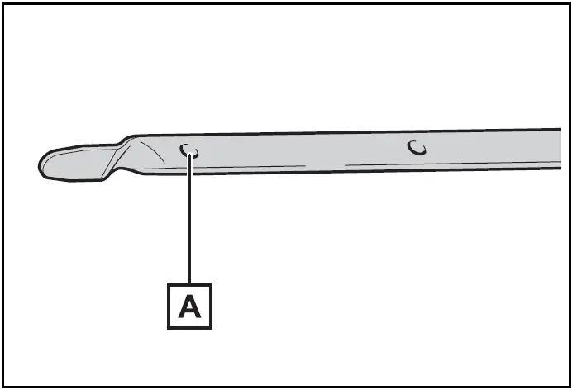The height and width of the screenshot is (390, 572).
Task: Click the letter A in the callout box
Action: tap(189, 307)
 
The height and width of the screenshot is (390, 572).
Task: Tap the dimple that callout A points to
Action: tap(189, 151)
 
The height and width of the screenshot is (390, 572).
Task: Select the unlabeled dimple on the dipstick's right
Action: tap(417, 148)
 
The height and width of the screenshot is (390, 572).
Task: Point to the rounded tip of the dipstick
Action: tap(40, 167)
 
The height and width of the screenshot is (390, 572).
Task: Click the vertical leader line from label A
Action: tap(189, 219)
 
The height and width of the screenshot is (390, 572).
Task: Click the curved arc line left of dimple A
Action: tap(153, 151)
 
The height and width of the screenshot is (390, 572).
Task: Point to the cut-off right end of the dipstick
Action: tap(560, 149)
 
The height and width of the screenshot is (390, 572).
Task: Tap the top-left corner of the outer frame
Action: tap(3, 3)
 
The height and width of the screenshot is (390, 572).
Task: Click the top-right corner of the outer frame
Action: tap(569, 3)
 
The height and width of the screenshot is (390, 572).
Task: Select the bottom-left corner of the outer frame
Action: tap(3, 387)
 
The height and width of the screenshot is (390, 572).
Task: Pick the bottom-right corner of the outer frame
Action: tap(569, 387)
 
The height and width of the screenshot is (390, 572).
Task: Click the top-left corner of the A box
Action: tap(168, 284)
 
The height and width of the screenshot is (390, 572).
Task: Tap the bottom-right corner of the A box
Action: tap(212, 329)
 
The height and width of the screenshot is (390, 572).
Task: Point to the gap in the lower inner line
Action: tap(325, 165)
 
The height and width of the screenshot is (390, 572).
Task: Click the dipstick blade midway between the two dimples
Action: tap(303, 150)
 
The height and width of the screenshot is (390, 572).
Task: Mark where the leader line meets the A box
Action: tap(189, 284)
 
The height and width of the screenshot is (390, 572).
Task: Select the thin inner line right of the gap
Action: tap(453, 163)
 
